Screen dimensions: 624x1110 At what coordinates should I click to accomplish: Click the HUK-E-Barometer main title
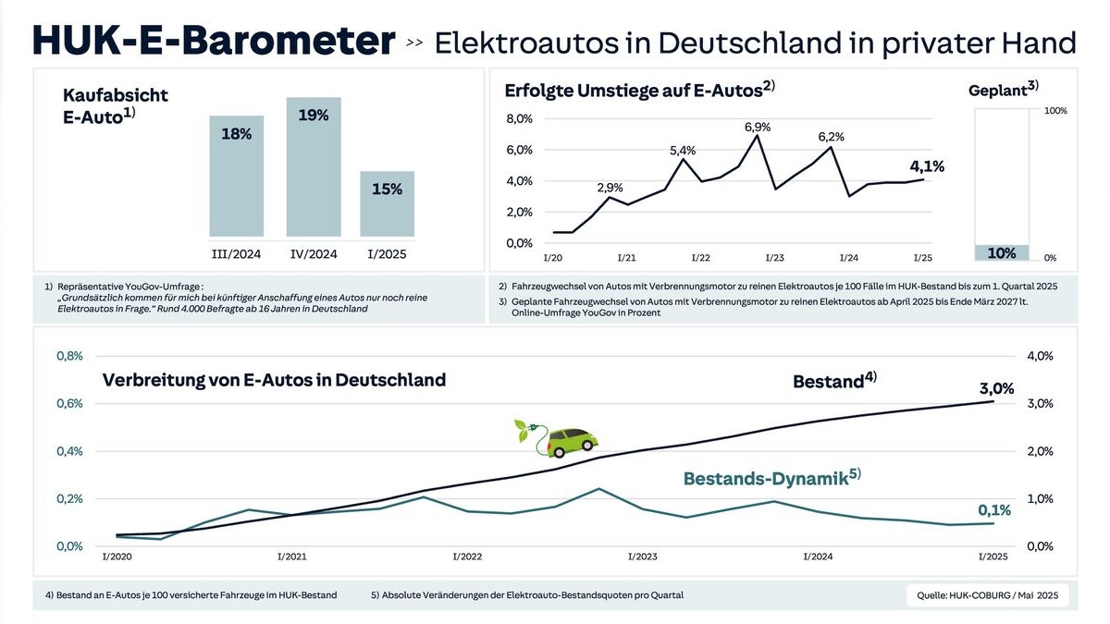214,42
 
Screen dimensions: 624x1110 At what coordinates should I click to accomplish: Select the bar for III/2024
237,176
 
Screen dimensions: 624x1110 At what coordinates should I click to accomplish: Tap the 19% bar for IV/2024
314,166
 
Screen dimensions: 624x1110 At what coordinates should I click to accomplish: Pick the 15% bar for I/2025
388,203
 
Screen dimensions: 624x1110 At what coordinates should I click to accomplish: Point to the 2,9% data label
610,188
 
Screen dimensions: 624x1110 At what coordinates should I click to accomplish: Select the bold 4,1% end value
928,166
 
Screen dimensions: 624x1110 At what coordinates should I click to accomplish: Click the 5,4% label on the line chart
683,150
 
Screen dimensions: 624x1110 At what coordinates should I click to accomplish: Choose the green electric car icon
557,438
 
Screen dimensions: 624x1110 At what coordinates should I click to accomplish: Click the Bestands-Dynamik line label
771,478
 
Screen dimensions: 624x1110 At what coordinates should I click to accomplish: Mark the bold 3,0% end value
996,388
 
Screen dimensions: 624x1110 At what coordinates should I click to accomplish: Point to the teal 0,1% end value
994,509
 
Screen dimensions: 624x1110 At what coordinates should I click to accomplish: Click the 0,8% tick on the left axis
69,356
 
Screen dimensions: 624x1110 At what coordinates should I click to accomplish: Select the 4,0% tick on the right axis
1041,356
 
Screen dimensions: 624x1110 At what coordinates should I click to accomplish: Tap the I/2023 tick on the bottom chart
643,557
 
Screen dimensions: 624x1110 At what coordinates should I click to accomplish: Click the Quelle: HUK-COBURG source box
987,595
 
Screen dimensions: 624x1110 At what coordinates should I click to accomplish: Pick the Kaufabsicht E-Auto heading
116,107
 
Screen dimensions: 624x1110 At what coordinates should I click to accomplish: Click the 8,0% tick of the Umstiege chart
519,119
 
